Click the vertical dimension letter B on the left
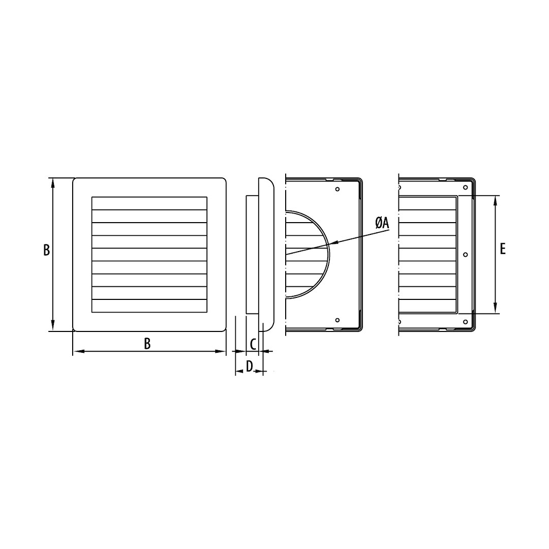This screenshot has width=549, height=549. click(x=47, y=250)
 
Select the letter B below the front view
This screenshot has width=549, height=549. click(x=147, y=344)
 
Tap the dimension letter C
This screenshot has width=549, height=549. click(x=253, y=344)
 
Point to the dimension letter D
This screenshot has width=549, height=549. click(x=249, y=366)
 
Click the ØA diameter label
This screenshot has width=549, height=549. click(x=382, y=223)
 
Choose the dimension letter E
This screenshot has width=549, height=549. click(x=503, y=249)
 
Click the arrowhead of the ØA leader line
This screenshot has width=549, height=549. click(x=333, y=242)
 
